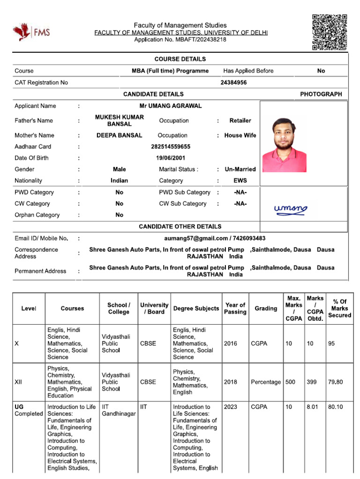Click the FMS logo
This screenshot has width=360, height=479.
31,32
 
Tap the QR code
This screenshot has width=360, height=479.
330,32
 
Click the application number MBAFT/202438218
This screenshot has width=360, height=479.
180,40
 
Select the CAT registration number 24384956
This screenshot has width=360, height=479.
233,82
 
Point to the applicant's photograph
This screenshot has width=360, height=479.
284,144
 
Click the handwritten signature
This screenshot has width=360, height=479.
291,209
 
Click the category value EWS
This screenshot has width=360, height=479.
240,181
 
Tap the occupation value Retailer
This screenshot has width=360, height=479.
240,121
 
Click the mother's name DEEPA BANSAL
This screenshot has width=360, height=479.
119,136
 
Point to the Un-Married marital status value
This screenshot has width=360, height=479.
240,169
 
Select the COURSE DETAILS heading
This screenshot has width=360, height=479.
180,59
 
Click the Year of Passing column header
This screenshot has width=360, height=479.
235,309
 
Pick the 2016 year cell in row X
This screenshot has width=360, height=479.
231,344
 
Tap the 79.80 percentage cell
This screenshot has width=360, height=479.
335,382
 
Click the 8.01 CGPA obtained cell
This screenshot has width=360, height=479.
312,407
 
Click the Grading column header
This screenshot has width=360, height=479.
266,309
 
